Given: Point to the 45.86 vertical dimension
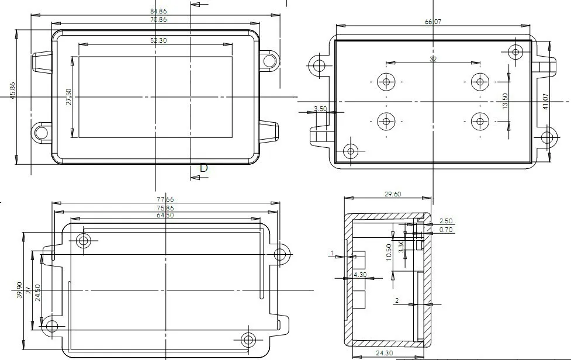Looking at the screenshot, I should click(x=12, y=91).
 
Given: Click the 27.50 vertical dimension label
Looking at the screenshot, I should click(x=68, y=96).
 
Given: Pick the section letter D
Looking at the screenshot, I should click(x=203, y=168).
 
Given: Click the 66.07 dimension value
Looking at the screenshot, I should click(x=432, y=22).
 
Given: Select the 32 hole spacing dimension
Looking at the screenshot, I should click(x=433, y=59).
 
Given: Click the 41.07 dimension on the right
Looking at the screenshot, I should click(x=546, y=102).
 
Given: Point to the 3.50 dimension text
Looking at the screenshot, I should click(x=320, y=109).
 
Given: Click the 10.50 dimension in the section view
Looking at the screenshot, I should click(x=389, y=253).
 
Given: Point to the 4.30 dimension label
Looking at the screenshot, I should click(x=359, y=275).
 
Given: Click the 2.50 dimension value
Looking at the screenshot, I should click(x=446, y=221).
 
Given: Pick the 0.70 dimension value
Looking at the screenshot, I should click(x=446, y=230).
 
